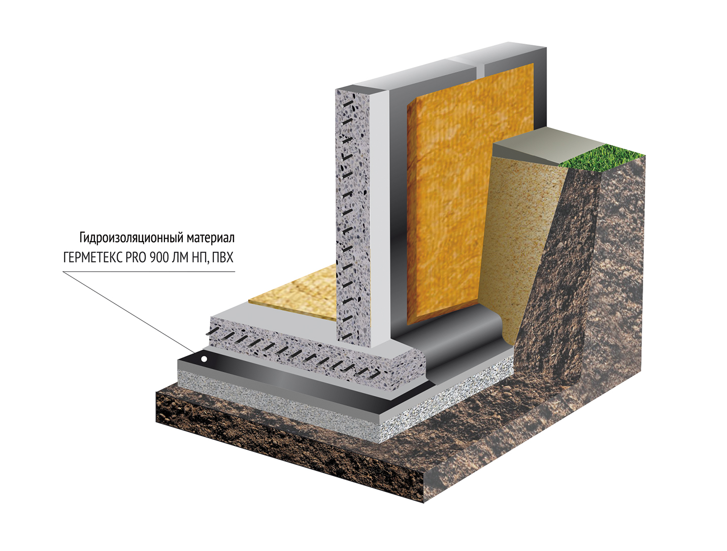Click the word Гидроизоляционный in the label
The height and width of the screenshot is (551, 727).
click(131, 238)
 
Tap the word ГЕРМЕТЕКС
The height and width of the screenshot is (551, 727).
click(93, 258)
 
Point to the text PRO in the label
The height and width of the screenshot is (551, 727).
click(136, 258)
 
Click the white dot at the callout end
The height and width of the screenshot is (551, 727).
click(205, 359)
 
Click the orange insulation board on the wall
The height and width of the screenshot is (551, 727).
click(470, 196)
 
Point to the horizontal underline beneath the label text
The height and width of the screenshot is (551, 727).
click(149, 272)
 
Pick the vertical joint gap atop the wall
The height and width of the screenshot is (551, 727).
click(481, 68)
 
